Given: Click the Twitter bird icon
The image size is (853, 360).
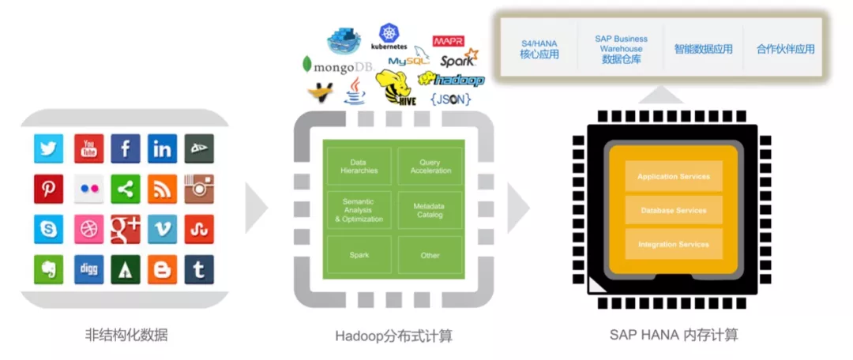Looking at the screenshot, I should [x=48, y=148].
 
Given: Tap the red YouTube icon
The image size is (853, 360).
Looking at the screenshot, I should [x=88, y=148].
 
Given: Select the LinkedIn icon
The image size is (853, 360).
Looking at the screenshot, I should [x=163, y=148].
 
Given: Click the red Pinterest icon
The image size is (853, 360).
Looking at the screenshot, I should [x=48, y=189].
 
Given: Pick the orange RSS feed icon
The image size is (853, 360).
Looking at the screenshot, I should [x=163, y=189].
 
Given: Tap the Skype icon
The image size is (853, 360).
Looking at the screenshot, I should [x=48, y=229].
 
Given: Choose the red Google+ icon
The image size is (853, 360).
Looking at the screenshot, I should [x=126, y=229].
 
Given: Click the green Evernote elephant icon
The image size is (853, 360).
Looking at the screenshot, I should [x=48, y=269].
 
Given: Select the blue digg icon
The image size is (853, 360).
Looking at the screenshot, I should [x=88, y=269].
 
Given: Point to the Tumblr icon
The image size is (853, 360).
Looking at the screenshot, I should [x=199, y=269].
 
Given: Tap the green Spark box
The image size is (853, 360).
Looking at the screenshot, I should [x=359, y=255].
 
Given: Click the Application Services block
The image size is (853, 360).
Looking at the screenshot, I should [x=673, y=176].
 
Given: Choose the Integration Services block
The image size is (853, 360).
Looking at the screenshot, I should [x=673, y=244].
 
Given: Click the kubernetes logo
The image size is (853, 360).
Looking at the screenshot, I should [x=389, y=36].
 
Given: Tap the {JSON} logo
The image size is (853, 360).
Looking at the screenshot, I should [x=450, y=99].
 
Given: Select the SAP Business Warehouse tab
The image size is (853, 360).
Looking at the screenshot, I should [x=621, y=48].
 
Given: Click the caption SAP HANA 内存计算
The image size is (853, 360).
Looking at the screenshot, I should [x=673, y=334].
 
